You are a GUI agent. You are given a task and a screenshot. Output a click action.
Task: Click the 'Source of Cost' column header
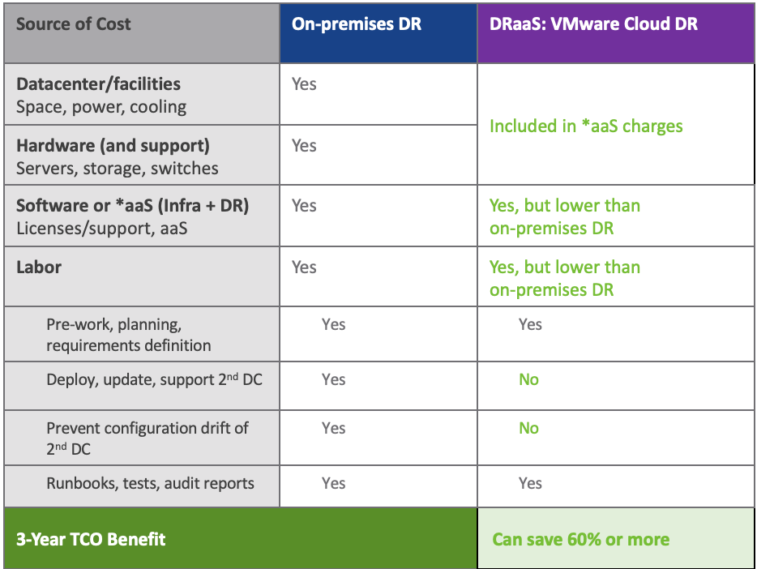click(x=73, y=24)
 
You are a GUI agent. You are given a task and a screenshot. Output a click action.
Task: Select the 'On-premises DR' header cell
click(x=357, y=24)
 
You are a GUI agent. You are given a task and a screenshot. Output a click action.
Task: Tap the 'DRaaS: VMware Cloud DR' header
click(x=593, y=24)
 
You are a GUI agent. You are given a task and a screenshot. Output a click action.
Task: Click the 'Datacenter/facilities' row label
click(x=98, y=84)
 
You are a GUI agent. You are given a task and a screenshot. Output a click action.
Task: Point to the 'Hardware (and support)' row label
click(x=113, y=146)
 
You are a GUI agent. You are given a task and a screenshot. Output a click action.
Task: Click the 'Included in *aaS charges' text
click(x=586, y=126)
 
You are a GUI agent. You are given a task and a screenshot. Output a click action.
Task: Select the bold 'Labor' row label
click(x=39, y=267)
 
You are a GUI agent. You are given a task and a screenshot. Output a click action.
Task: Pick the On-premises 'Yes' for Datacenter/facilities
click(x=304, y=84)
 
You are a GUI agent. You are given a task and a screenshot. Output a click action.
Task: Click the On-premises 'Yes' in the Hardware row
click(x=304, y=146)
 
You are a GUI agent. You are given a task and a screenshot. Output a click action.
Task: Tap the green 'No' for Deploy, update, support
click(x=528, y=379)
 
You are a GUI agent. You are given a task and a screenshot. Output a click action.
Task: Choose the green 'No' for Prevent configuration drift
click(x=528, y=428)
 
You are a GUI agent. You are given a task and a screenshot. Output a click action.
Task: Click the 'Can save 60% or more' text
click(x=580, y=540)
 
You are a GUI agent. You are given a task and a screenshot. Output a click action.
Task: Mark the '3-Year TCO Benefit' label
click(x=91, y=539)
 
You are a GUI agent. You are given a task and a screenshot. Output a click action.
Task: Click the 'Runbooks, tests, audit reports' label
click(x=150, y=483)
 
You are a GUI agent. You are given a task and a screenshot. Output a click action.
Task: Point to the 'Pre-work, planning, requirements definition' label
click(x=128, y=335)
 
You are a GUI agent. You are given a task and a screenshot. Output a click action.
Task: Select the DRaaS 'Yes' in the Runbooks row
click(x=530, y=483)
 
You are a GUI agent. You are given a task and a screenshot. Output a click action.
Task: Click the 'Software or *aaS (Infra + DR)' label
click(x=132, y=206)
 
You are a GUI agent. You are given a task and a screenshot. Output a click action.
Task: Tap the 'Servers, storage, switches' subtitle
click(x=117, y=169)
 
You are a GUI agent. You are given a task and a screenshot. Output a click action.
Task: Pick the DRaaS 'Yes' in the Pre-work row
click(x=530, y=324)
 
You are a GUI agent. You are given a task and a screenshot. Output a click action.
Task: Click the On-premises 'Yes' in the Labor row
click(x=304, y=267)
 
